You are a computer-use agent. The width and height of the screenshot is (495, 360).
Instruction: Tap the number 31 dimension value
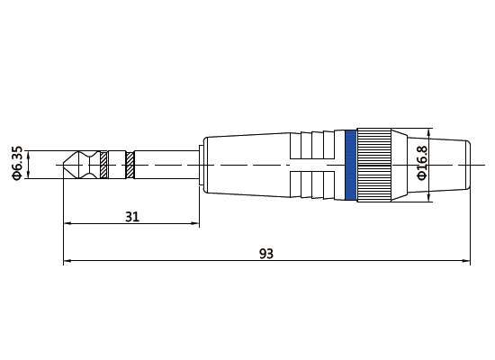tap(131, 217)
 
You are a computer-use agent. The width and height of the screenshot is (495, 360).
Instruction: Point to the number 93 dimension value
tap(265, 254)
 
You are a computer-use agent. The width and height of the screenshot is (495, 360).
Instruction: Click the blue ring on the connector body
tap(350, 165)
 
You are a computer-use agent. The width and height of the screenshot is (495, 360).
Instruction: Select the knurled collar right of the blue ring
tap(373, 165)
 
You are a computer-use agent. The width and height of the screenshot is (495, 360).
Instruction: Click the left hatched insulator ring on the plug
tap(103, 165)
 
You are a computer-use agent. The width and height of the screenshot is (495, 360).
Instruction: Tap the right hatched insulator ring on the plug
tap(130, 165)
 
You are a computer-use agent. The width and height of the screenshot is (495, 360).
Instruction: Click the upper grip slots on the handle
tap(317, 146)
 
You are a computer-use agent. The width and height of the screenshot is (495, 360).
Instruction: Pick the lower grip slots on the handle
tap(317, 184)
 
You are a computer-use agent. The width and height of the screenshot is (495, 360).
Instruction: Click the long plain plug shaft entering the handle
tap(166, 165)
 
